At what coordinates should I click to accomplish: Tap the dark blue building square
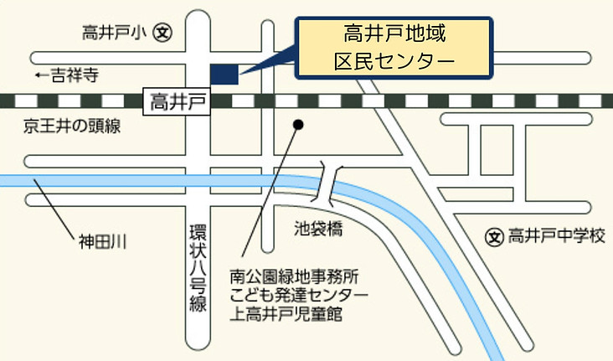coord(224,74)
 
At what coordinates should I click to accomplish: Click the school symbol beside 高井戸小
coord(164,33)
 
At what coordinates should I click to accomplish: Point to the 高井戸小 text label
coord(115,33)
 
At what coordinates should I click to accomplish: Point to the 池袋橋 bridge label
coord(319,227)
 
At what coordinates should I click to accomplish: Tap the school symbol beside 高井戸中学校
coord(494,237)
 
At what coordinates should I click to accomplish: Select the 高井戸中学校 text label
coord(555,237)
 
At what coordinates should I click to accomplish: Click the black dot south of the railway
coord(297,126)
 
